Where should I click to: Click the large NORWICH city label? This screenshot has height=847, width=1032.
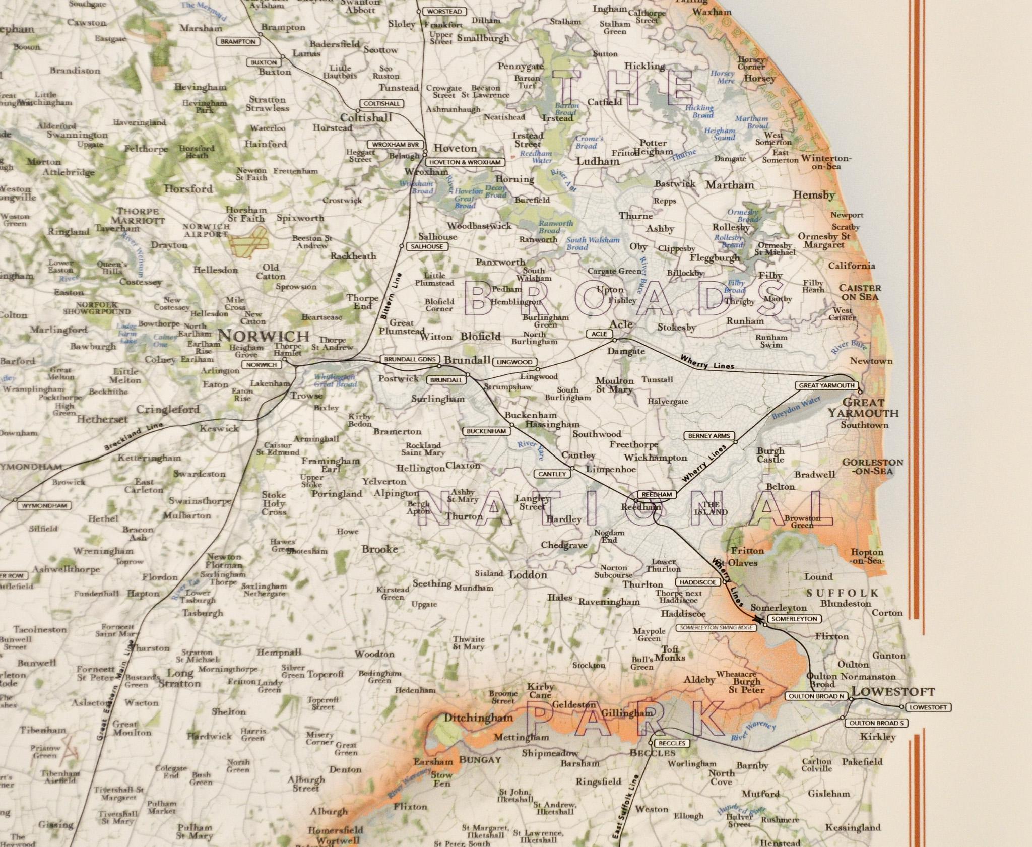[x=264, y=336]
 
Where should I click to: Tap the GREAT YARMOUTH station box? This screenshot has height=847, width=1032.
[x=826, y=385]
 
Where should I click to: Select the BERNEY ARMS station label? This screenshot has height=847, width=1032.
[x=709, y=436]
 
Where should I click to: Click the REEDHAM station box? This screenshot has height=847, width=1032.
[x=657, y=495]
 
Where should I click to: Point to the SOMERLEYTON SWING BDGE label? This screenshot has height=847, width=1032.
[x=716, y=628]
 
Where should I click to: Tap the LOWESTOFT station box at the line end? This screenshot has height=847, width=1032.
[x=928, y=707]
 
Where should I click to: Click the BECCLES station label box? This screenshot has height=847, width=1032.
[x=672, y=743]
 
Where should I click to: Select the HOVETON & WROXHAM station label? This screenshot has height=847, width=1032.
[x=465, y=162]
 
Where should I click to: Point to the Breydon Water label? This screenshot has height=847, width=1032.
[x=796, y=408]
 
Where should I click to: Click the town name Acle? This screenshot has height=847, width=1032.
[x=621, y=324]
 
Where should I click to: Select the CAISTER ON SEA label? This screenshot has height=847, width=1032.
[x=860, y=293]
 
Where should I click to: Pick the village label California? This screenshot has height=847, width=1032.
[x=852, y=266]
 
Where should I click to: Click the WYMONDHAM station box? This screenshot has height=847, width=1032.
[x=44, y=505]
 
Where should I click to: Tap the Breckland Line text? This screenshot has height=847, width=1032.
[x=134, y=437]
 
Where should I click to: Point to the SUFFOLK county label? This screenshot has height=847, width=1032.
[x=843, y=593]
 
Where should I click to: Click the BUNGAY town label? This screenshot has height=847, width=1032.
[x=480, y=760]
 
